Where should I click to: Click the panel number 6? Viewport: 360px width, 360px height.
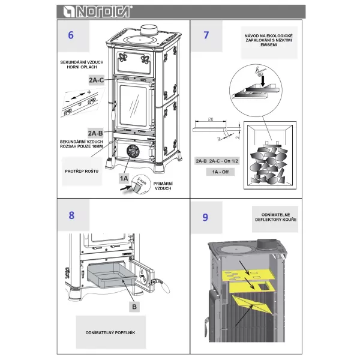(71, 34)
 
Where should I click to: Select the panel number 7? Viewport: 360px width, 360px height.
(206, 34)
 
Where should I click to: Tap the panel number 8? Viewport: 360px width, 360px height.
(72, 215)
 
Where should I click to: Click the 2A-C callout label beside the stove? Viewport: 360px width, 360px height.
(96, 79)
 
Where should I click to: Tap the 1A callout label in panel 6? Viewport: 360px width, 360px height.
(124, 178)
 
